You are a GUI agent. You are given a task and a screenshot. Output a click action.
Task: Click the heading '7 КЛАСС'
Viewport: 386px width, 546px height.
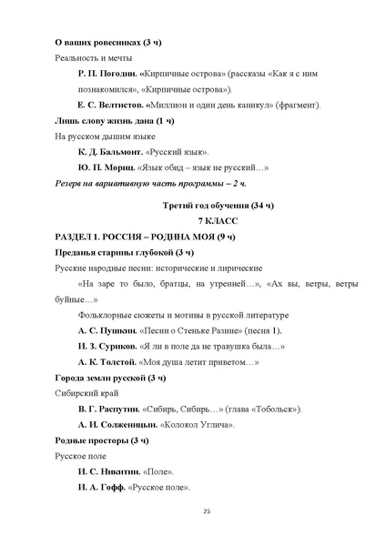[216, 221]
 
